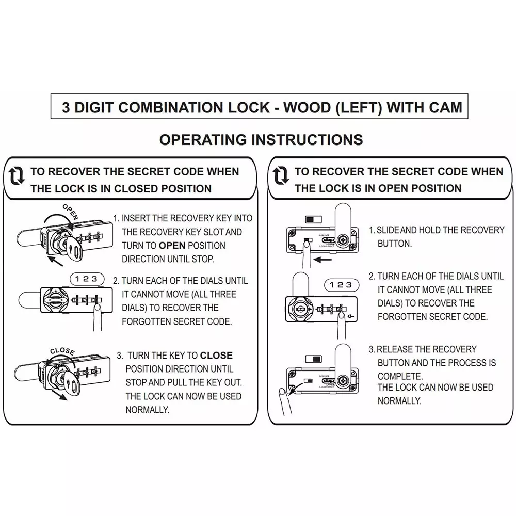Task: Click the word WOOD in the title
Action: pyautogui.click(x=317, y=108)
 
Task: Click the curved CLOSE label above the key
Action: pyautogui.click(x=62, y=351)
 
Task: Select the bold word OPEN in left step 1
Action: pyautogui.click(x=171, y=246)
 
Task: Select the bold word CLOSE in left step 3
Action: pyautogui.click(x=216, y=356)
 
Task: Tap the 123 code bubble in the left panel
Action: pyautogui.click(x=86, y=279)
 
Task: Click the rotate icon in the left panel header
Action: pyautogui.click(x=17, y=178)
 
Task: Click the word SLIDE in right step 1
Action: pyautogui.click(x=388, y=230)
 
